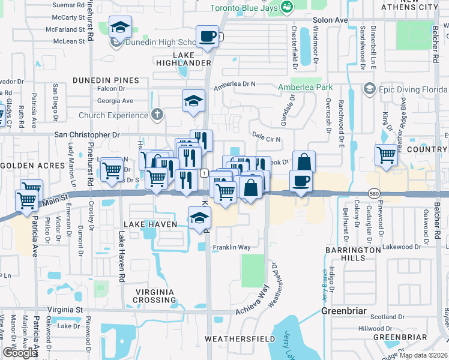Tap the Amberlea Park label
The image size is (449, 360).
305,88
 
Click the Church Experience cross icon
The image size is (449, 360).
157,115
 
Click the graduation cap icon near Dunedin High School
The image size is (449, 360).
120,28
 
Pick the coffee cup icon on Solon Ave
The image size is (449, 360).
208,37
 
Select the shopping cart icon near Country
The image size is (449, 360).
387,155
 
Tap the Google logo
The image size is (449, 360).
20,353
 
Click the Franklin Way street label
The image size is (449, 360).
232,247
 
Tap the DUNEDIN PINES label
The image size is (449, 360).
106,80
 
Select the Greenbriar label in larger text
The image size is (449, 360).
348,311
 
